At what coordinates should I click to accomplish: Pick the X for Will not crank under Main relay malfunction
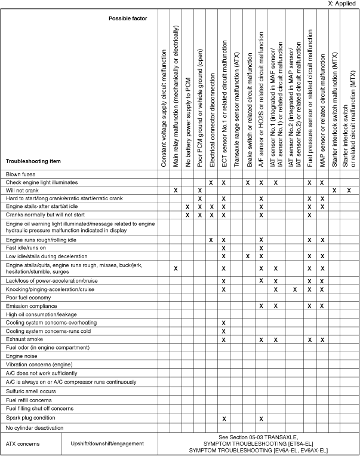coord(176,189)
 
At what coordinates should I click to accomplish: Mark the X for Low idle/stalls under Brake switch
coord(248,256)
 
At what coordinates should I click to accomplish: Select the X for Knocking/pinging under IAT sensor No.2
coord(295,289)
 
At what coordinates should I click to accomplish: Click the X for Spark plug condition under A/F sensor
coord(261,418)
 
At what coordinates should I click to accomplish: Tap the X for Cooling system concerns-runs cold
coord(223,330)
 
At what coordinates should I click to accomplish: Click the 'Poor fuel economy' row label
coord(29,297)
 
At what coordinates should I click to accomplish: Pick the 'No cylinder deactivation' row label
coord(35,428)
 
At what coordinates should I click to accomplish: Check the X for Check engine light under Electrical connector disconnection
coord(211,182)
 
